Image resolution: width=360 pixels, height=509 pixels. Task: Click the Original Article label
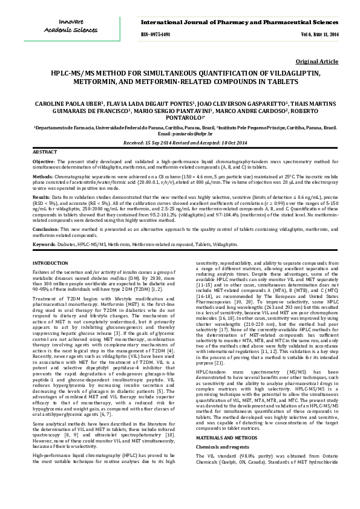pyautogui.click(x=316, y=62)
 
